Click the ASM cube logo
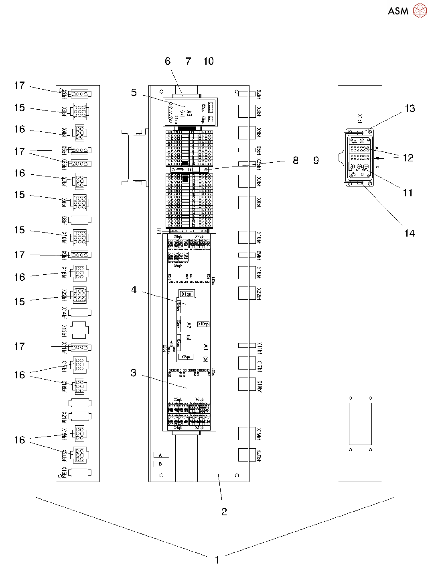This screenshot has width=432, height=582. click(420, 11)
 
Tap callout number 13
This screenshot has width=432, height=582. click(410, 108)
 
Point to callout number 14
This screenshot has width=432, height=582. click(409, 233)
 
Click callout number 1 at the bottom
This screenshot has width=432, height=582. click(217, 560)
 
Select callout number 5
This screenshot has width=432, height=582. click(134, 93)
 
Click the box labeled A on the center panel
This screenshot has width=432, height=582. click(161, 455)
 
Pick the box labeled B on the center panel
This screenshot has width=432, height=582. click(161, 464)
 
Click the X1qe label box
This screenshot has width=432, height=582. click(186, 294)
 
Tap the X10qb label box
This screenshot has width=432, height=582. click(203, 324)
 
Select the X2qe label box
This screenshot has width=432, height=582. click(186, 357)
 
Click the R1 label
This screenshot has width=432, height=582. click(159, 231)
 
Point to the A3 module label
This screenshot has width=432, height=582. click(189, 113)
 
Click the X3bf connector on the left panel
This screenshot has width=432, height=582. click(79, 111)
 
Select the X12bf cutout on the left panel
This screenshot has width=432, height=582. click(80, 330)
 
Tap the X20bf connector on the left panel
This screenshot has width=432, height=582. click(79, 455)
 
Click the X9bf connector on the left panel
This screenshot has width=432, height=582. click(80, 255)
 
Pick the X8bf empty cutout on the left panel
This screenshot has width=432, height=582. click(80, 220)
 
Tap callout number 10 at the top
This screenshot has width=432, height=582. click(208, 61)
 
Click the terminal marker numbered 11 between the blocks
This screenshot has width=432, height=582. click(189, 170)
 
